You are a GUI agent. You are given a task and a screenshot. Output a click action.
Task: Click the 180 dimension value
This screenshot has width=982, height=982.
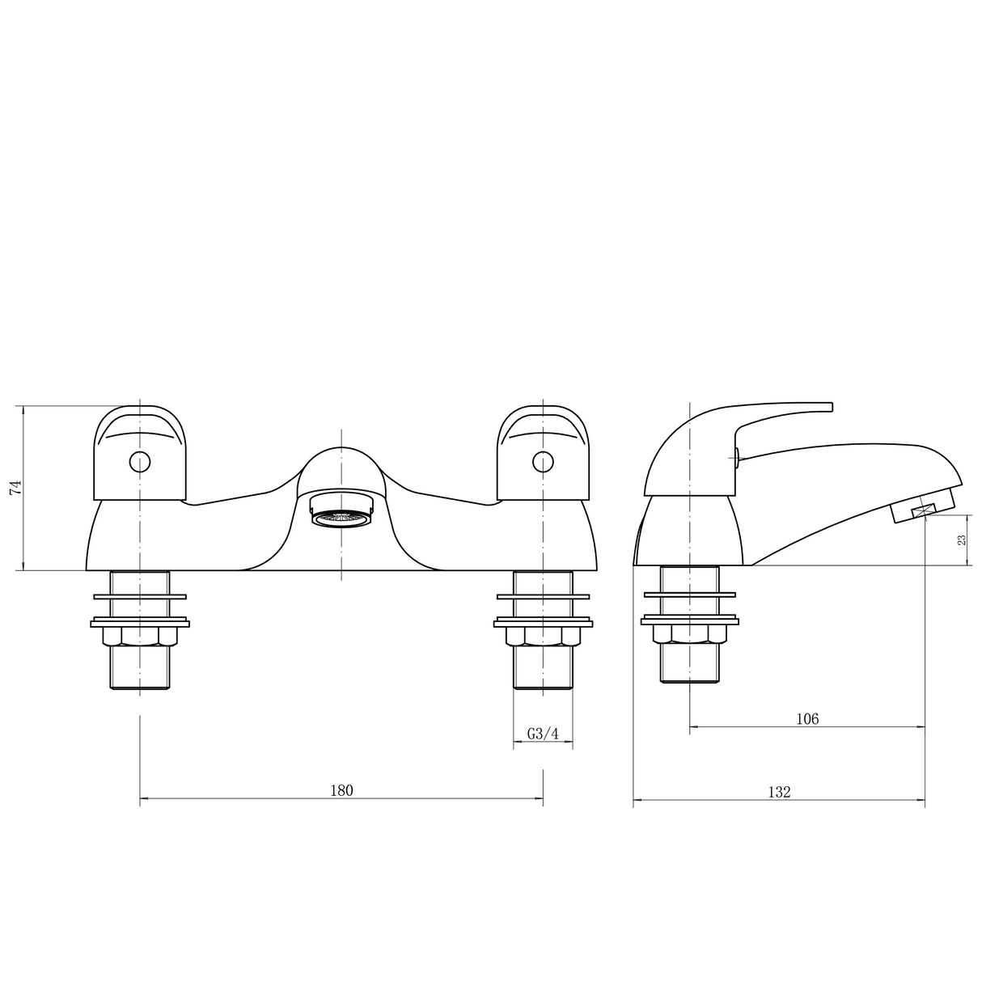point(341,790)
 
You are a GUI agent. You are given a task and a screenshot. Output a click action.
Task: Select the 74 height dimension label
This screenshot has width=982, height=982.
point(14,487)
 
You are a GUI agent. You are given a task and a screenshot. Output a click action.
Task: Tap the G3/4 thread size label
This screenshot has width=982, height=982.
point(543,734)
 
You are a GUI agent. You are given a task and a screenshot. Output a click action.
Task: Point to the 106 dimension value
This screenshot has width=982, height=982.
point(807,718)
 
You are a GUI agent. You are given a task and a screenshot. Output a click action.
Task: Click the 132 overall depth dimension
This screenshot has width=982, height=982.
point(778,792)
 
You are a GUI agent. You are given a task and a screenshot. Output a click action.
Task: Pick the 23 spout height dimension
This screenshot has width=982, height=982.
point(962,540)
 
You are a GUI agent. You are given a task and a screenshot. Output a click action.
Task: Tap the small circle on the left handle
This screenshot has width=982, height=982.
point(140,462)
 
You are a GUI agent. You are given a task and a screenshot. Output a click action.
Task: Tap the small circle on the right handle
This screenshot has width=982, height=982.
point(543,462)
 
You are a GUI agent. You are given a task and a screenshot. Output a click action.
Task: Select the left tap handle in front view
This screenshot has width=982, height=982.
point(141,453)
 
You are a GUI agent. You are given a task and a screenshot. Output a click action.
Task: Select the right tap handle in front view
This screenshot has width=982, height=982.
point(543,453)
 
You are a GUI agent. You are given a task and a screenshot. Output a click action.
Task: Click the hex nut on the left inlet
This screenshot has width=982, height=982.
point(140,637)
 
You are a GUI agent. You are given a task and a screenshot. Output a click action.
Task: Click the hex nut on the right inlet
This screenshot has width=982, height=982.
point(543,637)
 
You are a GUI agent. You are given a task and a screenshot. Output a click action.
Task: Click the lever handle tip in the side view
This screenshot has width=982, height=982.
point(821,407)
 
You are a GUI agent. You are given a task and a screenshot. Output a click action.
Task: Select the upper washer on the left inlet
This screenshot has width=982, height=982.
point(141,598)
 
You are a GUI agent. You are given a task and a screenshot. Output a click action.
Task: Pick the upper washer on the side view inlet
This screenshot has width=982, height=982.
point(690,597)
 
